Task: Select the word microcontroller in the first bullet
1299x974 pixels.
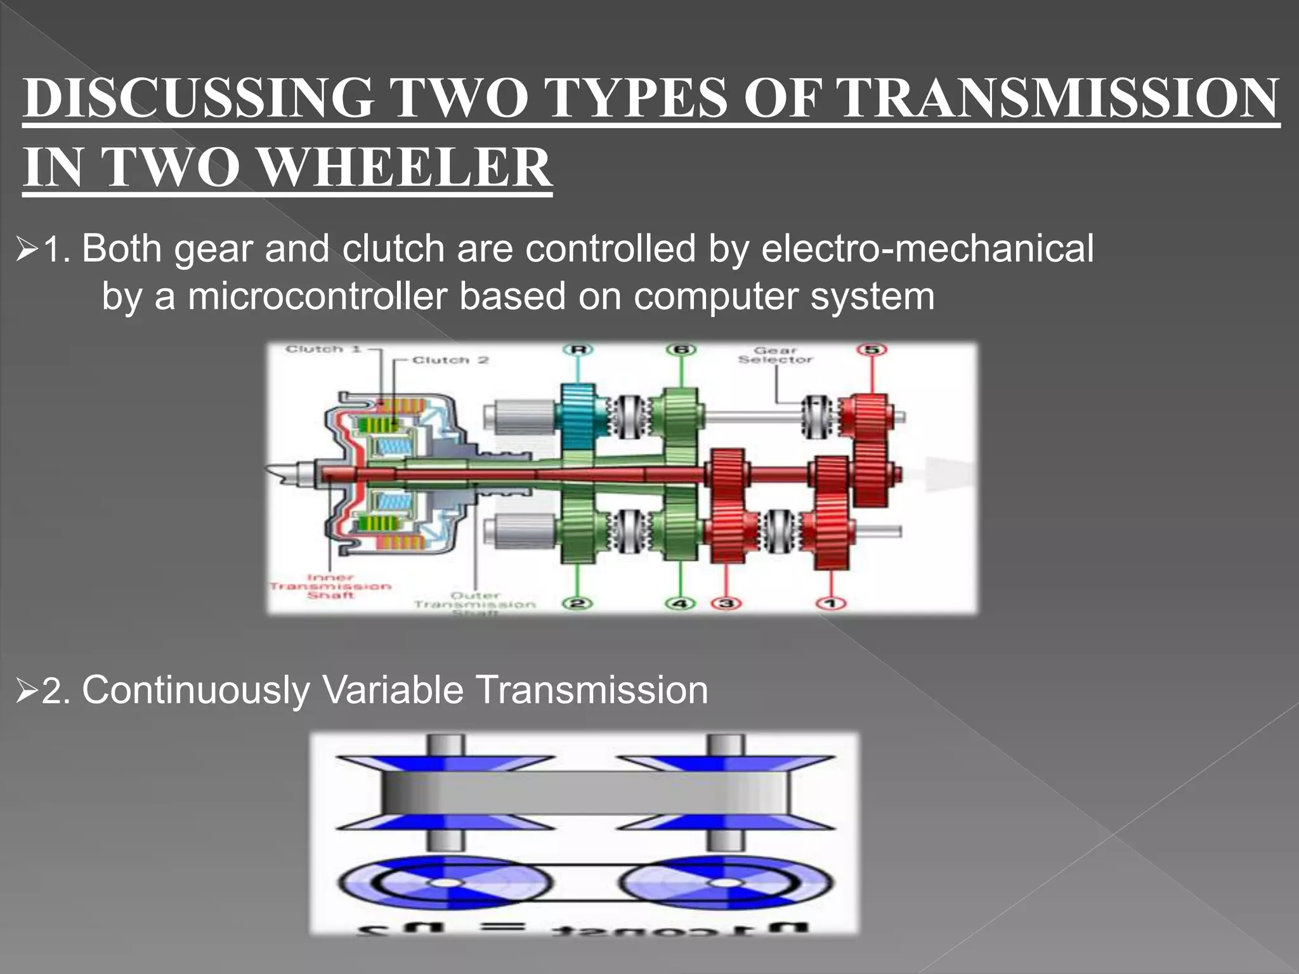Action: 317,296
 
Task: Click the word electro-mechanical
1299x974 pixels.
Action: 927,248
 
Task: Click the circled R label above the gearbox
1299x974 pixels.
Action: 578,350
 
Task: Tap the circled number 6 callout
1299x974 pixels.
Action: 682,350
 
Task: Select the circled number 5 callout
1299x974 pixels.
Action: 871,350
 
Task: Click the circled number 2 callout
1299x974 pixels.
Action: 577,602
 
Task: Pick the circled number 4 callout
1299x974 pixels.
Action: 680,603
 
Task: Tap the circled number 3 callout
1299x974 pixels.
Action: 727,603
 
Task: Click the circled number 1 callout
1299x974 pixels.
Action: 832,603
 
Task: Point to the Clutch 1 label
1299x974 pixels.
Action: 323,349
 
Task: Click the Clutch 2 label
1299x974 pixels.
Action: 450,360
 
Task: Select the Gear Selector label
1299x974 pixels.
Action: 775,355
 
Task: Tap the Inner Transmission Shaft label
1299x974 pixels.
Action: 330,587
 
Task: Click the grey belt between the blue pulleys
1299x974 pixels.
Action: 587,793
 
